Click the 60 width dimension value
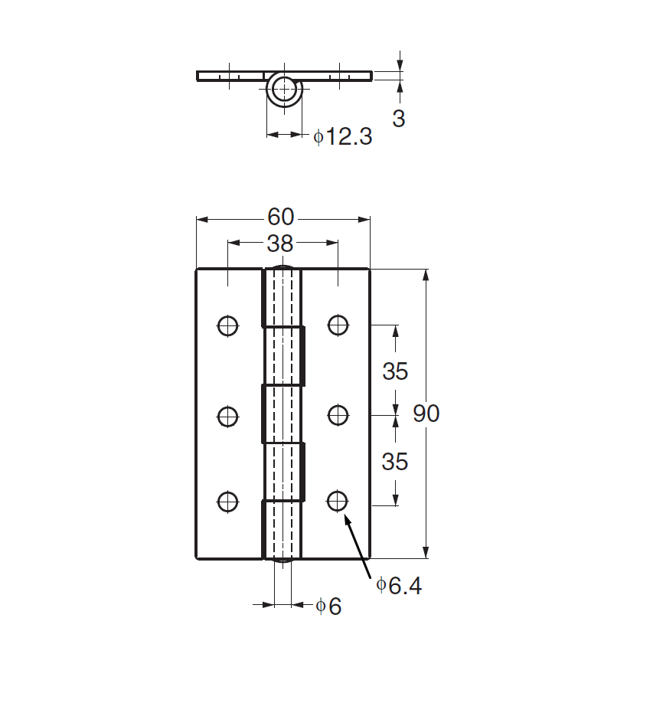point(281,217)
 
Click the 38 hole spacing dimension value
point(280,244)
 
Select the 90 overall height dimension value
point(426,414)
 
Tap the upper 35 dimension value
point(395,371)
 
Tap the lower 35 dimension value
point(395,462)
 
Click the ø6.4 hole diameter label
point(399,587)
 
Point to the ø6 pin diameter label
point(328,606)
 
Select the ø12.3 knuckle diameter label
point(342,137)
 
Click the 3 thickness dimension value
point(398,119)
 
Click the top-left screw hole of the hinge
point(227,325)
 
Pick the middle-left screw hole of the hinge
point(227,416)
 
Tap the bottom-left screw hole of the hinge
point(227,502)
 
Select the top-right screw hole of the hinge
point(338,325)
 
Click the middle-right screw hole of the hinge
point(338,416)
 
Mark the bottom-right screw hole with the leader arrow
point(338,502)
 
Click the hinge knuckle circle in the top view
point(284,90)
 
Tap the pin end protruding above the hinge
point(283,269)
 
